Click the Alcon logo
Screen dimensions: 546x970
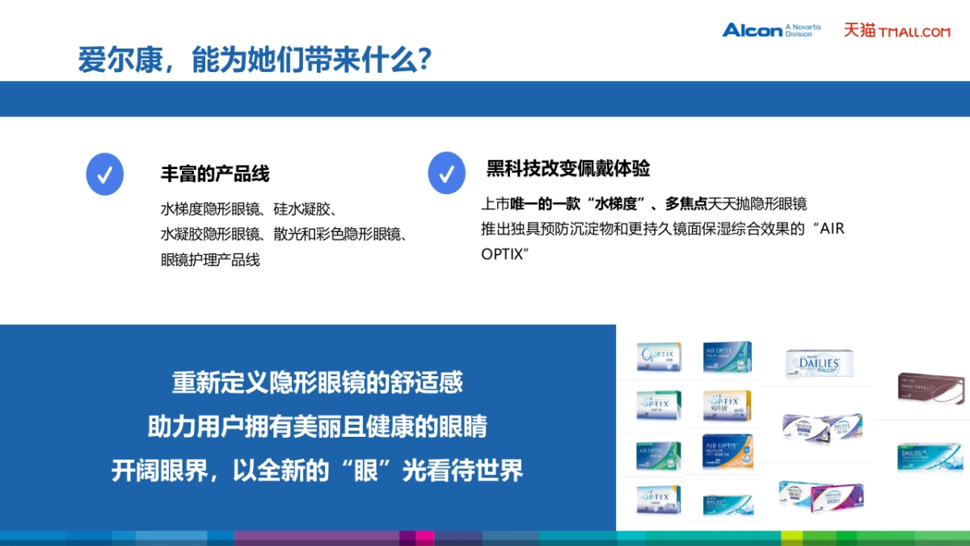click(770, 30)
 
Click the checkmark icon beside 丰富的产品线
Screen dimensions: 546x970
click(104, 174)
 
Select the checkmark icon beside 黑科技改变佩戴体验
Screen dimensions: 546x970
click(446, 172)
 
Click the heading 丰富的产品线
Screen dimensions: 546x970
click(215, 173)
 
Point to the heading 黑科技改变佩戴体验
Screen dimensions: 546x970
click(567, 168)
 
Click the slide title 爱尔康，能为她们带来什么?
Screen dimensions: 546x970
click(254, 60)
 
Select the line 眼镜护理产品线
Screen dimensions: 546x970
click(210, 260)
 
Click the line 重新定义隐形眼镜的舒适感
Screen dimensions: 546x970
click(317, 382)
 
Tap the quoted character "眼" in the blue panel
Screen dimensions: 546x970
click(363, 470)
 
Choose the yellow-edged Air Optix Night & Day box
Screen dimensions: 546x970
click(727, 404)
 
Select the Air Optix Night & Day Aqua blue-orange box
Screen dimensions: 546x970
click(727, 450)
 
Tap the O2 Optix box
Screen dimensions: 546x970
click(659, 356)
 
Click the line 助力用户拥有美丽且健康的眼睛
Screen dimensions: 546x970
click(317, 426)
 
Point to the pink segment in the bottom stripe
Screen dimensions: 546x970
click(424, 538)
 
